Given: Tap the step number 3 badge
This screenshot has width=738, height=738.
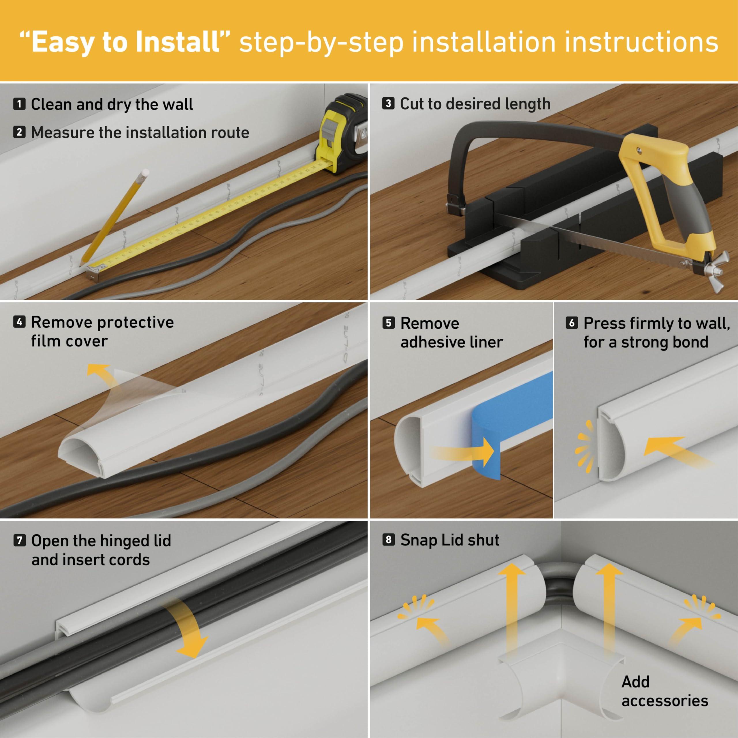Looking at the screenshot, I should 388,103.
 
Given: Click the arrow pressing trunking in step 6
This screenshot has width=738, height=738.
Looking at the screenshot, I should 672,451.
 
